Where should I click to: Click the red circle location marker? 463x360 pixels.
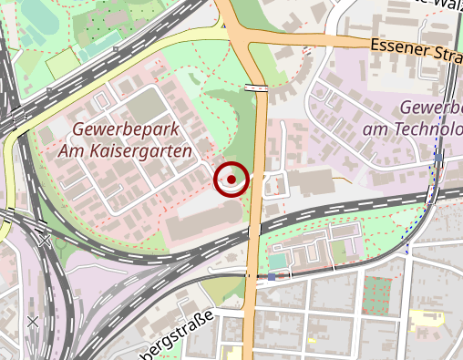tap(231, 179)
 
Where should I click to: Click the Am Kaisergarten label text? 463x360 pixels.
tap(125, 150)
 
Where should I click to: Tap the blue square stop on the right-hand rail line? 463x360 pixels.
tap(438, 157)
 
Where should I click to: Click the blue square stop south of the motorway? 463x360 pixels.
tap(271, 276)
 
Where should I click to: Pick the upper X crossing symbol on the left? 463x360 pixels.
tap(43, 239)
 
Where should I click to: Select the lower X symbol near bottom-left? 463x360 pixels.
tap(33, 321)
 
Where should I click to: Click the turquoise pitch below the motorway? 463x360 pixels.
tap(276, 262)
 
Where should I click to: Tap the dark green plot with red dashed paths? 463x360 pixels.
tap(376, 293)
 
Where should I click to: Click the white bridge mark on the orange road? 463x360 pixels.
tap(256, 87)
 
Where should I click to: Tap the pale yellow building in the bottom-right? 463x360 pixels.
tap(425, 318)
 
